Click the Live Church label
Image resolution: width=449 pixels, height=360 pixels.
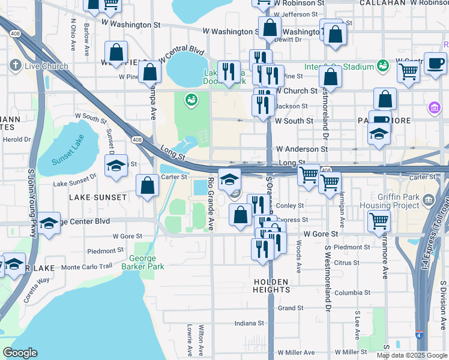pyautogui.click(x=46, y=66)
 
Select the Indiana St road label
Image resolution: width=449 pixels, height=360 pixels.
pyautogui.click(x=249, y=323)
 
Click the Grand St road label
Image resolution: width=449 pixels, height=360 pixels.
pyautogui.click(x=291, y=308)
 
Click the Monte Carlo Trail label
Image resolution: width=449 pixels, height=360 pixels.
pyautogui.click(x=86, y=266)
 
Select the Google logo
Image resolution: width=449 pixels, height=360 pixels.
pyautogui.click(x=20, y=353)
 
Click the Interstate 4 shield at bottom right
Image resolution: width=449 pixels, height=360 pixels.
pyautogui.click(x=419, y=337)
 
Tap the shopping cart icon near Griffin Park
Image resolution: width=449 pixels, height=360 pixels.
pyautogui.click(x=379, y=221)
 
